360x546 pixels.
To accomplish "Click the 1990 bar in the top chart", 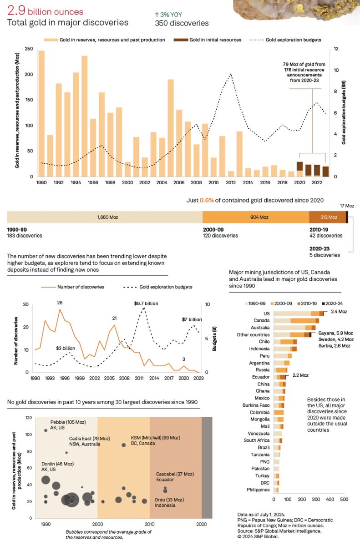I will pos(41,114).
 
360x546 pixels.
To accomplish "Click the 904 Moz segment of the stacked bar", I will pos(255,217).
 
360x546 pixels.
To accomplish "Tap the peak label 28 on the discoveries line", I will pos(60,303).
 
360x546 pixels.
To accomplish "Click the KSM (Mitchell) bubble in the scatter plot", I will pos(123,445).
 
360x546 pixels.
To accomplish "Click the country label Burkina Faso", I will pos(257,405).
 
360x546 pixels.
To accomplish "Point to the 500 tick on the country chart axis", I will pos(344,499).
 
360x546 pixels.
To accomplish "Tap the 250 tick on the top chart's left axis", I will pos(28,49).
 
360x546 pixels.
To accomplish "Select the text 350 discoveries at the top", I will pos(182,23).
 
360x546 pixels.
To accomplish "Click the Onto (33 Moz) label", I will pos(170,499).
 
